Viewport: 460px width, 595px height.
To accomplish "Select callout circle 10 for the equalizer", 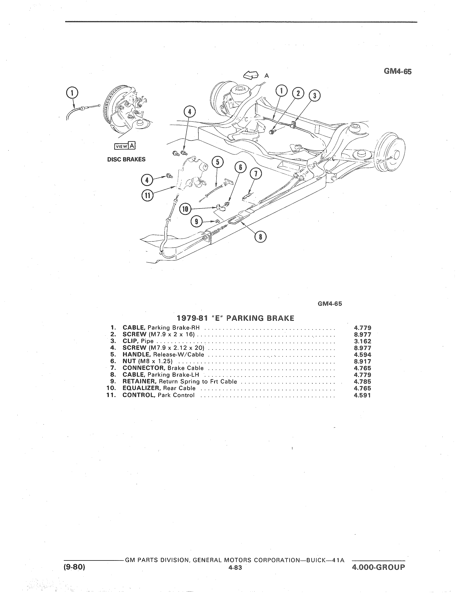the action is point(185,209).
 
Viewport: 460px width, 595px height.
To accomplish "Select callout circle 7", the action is point(255,174).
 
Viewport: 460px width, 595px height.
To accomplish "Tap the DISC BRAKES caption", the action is point(126,159).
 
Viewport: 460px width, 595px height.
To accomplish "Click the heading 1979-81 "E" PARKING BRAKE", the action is point(235,318).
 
